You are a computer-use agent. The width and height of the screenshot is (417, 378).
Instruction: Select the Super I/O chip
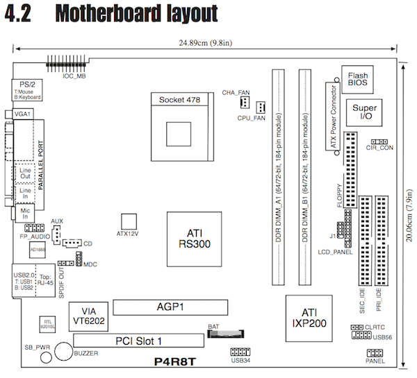364,113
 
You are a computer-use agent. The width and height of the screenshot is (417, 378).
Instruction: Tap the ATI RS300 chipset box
194,237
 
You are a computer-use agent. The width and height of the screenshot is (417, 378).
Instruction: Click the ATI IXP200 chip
310,317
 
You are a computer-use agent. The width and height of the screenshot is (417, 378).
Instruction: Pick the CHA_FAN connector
244,103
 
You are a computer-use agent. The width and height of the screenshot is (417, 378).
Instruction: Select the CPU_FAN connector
260,108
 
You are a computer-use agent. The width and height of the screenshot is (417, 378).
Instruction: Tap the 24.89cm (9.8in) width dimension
206,43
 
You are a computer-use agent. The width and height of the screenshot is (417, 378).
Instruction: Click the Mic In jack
25,211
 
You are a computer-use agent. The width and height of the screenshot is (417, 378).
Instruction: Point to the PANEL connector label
375,361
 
